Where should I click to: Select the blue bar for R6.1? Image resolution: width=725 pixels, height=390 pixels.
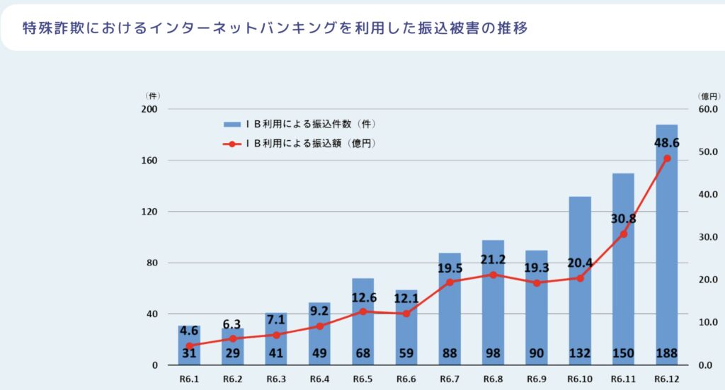tap(189, 340)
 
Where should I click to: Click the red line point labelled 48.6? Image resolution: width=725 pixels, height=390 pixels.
tap(666, 158)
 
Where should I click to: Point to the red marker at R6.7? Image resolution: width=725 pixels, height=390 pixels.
tap(450, 282)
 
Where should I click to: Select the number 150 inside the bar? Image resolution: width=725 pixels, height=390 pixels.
tap(623, 353)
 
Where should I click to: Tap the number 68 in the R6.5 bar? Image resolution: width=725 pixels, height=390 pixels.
tap(362, 353)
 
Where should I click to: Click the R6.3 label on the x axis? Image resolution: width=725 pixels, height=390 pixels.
tap(276, 380)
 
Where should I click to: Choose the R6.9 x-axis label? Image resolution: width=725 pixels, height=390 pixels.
tap(536, 380)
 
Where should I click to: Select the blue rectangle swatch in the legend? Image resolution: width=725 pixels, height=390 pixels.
tap(232, 124)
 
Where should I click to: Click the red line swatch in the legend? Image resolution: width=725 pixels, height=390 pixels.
tap(232, 144)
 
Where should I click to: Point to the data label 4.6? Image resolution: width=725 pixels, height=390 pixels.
tap(188, 330)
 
